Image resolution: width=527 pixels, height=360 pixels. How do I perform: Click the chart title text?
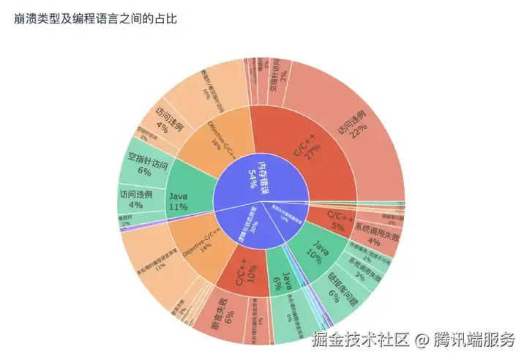[x=95, y=18]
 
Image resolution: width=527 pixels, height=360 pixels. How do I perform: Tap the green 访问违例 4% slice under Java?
[x=135, y=200]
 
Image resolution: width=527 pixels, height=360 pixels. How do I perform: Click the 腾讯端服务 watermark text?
[x=475, y=340]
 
